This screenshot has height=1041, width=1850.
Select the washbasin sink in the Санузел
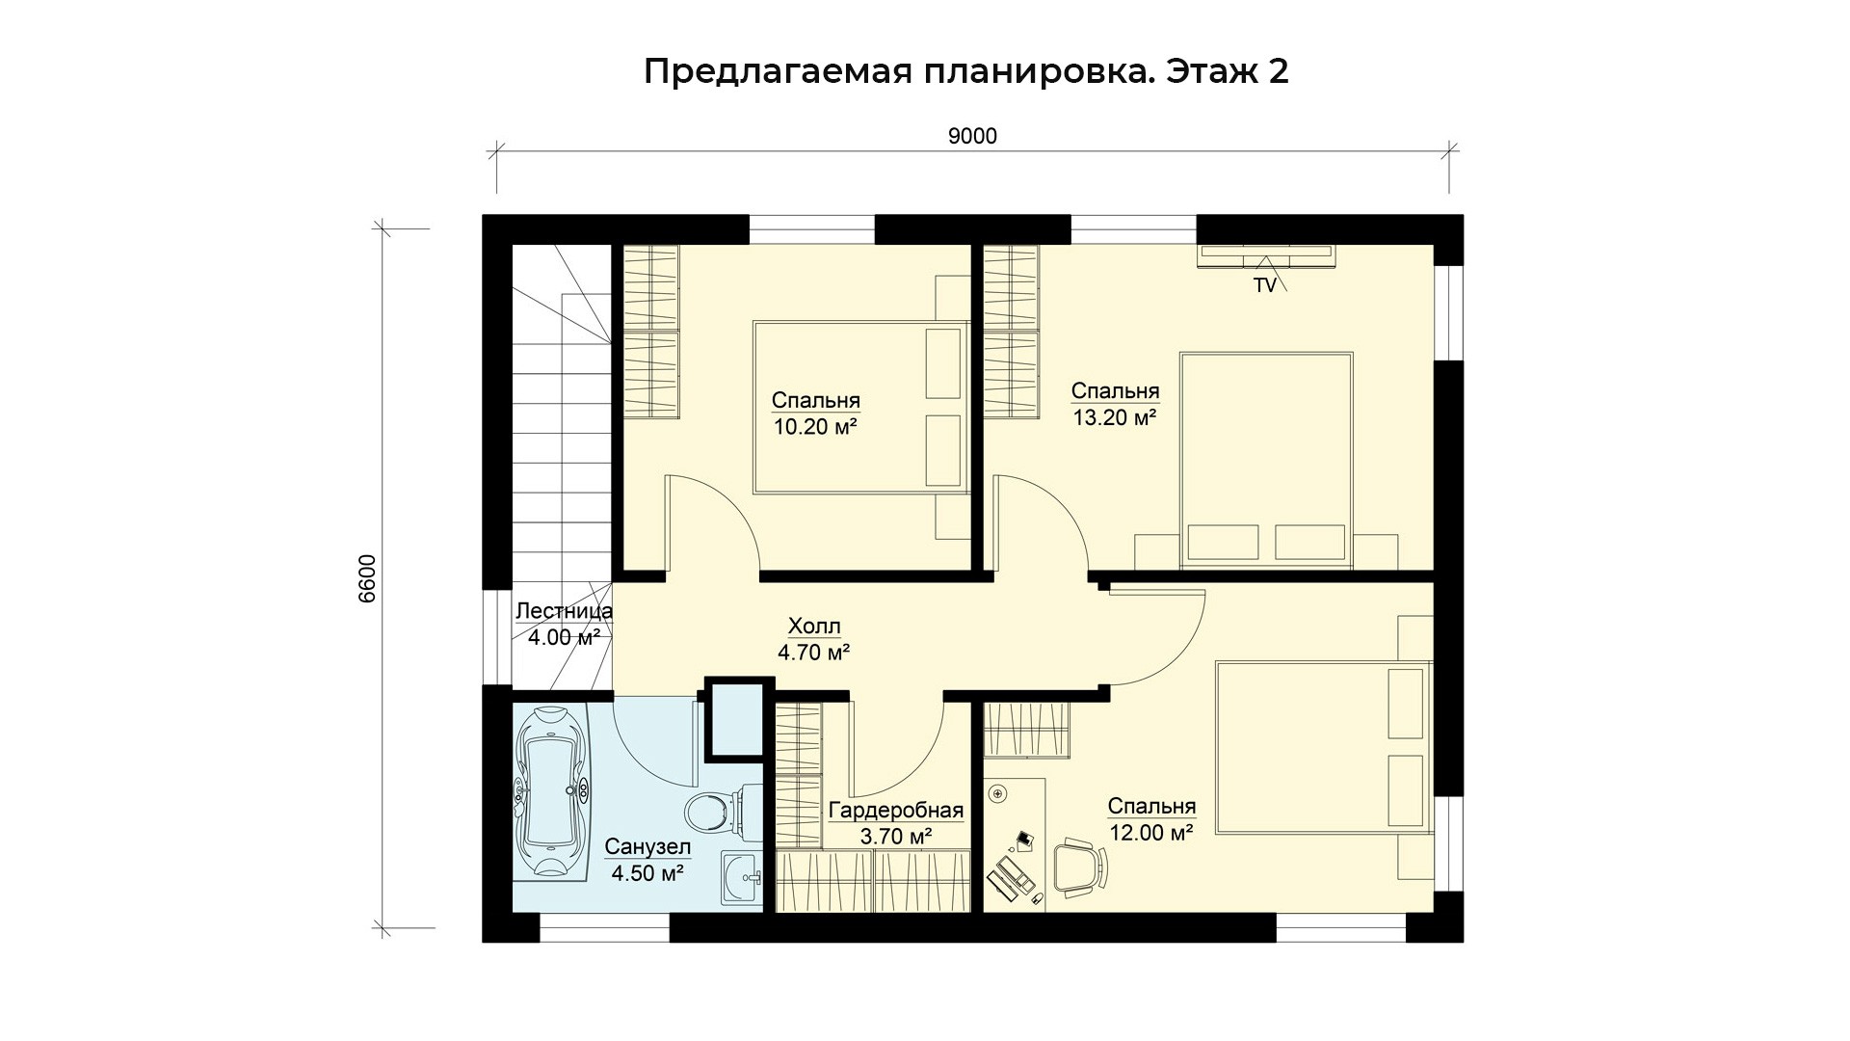coord(742,880)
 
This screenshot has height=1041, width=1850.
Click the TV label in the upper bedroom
coord(1264,285)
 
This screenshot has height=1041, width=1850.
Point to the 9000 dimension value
coord(972,137)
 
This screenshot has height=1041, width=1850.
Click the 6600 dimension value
coord(367,579)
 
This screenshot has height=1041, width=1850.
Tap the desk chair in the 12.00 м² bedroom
coord(1081,866)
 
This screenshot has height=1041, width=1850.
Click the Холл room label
coord(814,627)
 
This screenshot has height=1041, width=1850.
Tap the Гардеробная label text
coord(896,811)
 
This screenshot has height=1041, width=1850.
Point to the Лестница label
coord(564,611)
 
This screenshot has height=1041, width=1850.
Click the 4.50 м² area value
coord(647,873)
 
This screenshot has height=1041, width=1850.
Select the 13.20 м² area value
coord(1115,417)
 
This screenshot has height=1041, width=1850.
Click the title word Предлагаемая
coord(778,72)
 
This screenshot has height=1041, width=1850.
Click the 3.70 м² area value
coord(896,837)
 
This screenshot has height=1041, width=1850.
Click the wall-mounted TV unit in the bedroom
coord(1266,254)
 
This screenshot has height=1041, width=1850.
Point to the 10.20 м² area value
coord(815,426)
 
